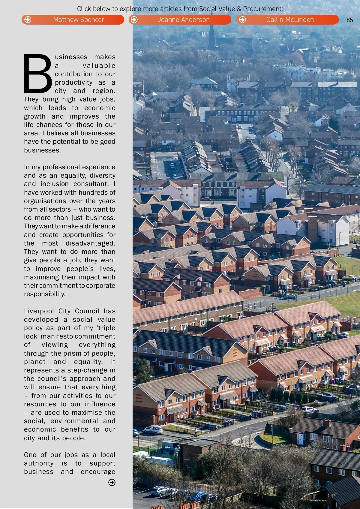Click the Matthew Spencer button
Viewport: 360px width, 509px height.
coord(73,20)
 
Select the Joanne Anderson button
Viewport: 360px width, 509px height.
coord(180,20)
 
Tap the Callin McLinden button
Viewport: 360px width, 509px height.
coord(287,20)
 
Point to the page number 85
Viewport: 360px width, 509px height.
coord(349,20)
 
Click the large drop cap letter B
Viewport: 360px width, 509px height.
coord(38,74)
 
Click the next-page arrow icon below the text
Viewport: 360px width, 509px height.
coord(112,482)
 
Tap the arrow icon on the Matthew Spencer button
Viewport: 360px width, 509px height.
coord(28,20)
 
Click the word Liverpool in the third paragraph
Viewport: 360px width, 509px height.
coord(39,311)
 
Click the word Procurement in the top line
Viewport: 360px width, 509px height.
coord(262,9)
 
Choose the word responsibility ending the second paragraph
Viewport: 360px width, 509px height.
coord(45,294)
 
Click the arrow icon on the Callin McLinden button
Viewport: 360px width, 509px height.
coord(242,20)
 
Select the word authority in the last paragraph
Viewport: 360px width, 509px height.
coord(39,463)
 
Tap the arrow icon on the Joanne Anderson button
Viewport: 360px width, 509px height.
coord(134,20)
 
